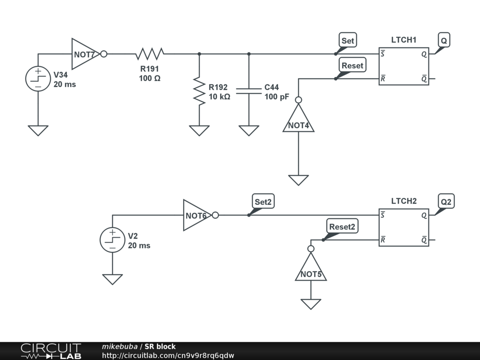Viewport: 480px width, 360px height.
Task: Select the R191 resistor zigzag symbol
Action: click(150, 54)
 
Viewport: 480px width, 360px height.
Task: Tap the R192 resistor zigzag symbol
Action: click(199, 91)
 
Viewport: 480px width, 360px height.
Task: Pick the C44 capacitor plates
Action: click(249, 90)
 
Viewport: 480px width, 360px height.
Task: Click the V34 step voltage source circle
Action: click(38, 79)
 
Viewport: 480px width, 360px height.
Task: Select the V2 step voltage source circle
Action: click(112, 240)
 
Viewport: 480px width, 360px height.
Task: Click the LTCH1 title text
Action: click(404, 40)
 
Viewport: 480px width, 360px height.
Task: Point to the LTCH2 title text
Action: click(404, 201)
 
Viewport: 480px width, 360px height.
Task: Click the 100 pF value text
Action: click(277, 97)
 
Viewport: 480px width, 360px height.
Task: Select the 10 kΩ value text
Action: click(219, 97)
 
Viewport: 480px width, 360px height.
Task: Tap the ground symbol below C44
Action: click(249, 130)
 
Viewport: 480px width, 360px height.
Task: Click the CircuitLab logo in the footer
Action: click(51, 351)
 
